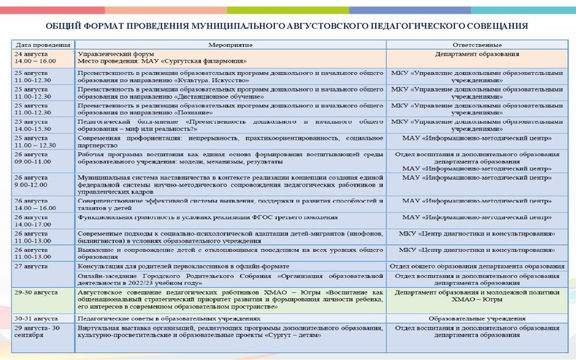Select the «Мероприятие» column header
(229, 45)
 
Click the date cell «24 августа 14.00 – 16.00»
(36, 58)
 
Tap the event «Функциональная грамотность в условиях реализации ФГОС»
(202, 217)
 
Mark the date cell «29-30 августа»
(36, 294)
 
